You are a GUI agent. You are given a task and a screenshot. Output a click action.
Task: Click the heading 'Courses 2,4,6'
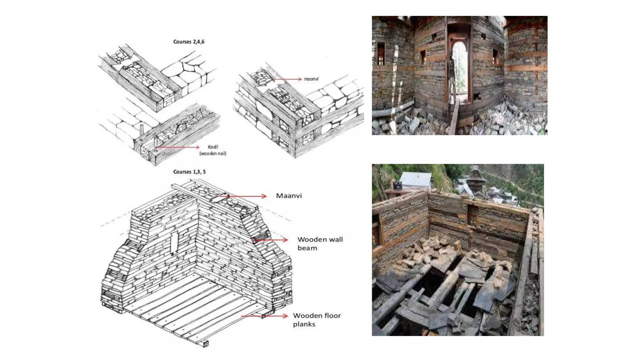click(189, 42)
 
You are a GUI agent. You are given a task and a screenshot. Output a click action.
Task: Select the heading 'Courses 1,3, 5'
click(189, 172)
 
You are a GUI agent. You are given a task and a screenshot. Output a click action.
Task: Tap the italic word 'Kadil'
click(213, 147)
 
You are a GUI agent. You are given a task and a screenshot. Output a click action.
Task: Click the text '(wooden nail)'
click(213, 153)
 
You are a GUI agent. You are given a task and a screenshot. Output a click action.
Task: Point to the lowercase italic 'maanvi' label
click(311, 79)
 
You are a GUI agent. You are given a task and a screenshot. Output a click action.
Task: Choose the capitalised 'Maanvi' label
click(289, 196)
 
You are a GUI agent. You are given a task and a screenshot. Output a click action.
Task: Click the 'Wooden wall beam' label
click(320, 243)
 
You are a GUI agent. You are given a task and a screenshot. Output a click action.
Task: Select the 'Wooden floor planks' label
click(317, 320)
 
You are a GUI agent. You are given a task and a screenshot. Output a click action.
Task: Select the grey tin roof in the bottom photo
click(416, 179)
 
